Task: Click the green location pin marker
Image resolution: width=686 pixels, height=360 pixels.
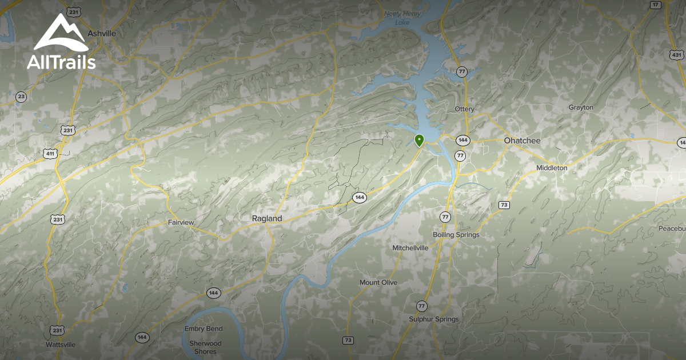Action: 419,140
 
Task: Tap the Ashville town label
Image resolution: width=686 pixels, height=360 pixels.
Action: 102,33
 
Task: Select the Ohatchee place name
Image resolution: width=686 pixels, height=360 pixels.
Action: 522,141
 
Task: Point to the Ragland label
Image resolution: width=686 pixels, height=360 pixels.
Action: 267,218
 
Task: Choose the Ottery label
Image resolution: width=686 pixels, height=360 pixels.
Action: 464,109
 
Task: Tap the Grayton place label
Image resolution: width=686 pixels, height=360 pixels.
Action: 581,107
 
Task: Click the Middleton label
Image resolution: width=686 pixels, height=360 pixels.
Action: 552,168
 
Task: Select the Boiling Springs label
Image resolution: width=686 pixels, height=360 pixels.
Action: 456,235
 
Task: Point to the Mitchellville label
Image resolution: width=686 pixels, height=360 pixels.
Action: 410,248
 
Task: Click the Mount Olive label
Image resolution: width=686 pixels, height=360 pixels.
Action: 378,283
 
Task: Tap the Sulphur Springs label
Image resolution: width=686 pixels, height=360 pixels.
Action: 434,319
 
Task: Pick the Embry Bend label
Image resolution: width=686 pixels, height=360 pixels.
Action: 204,329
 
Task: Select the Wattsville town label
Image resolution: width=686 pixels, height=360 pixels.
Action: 61,345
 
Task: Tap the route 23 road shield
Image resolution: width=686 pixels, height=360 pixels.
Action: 22,97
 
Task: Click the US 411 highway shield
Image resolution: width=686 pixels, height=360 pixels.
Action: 50,154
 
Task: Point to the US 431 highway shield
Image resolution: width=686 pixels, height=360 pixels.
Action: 676,55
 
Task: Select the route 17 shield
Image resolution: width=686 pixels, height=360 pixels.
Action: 655,5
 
